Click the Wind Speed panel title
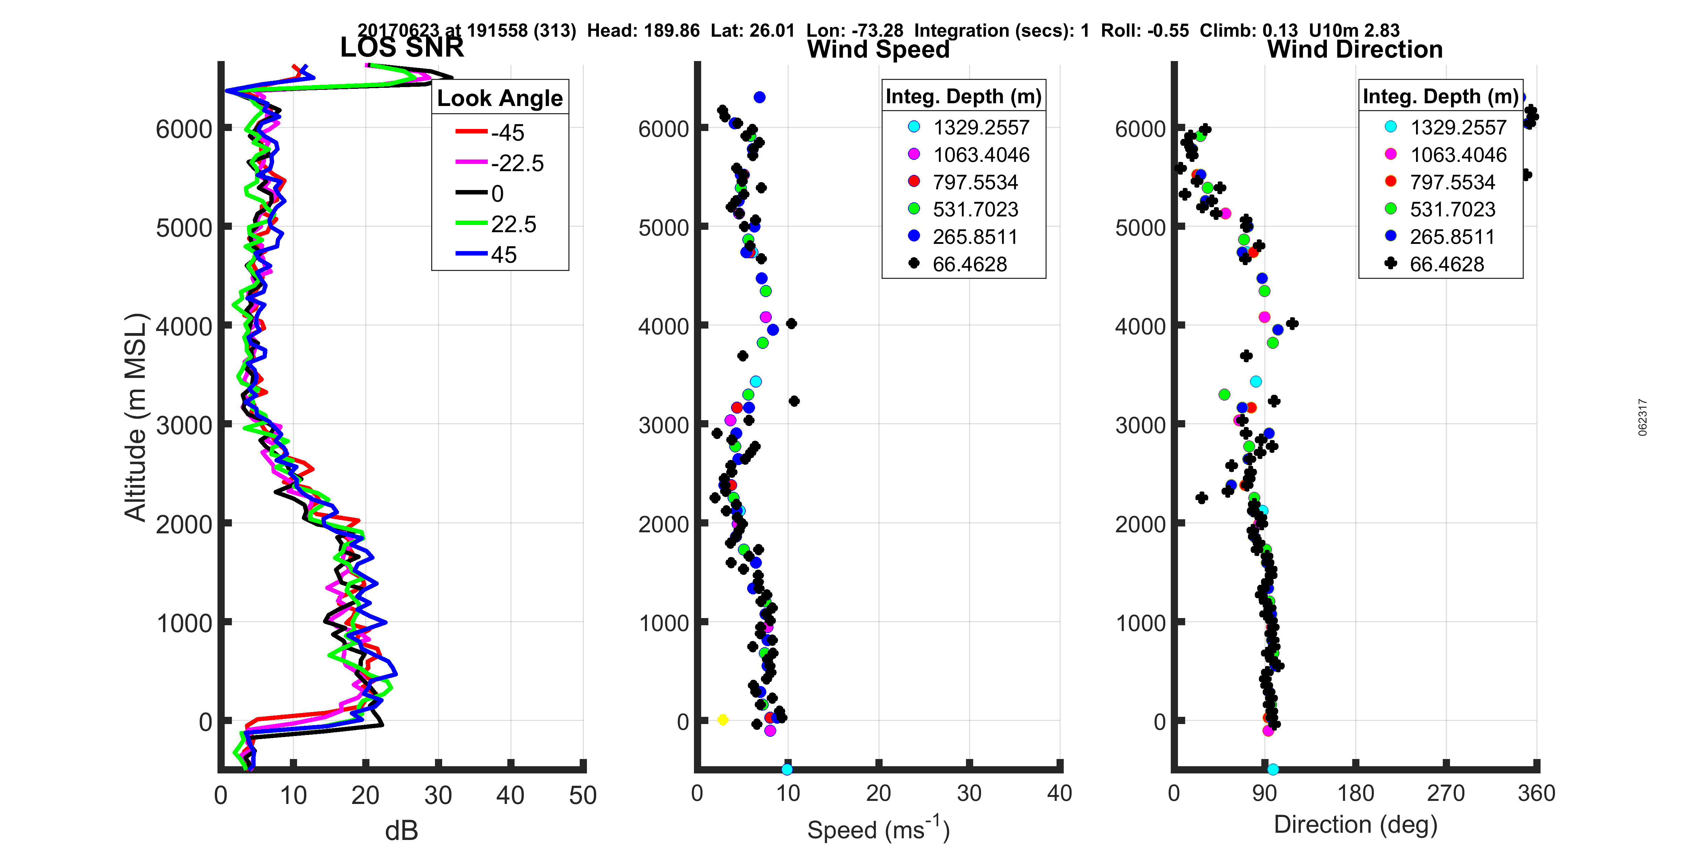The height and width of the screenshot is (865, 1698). tap(878, 49)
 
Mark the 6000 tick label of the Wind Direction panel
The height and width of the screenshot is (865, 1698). tap(1140, 129)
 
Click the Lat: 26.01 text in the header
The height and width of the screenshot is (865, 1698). tap(752, 30)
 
